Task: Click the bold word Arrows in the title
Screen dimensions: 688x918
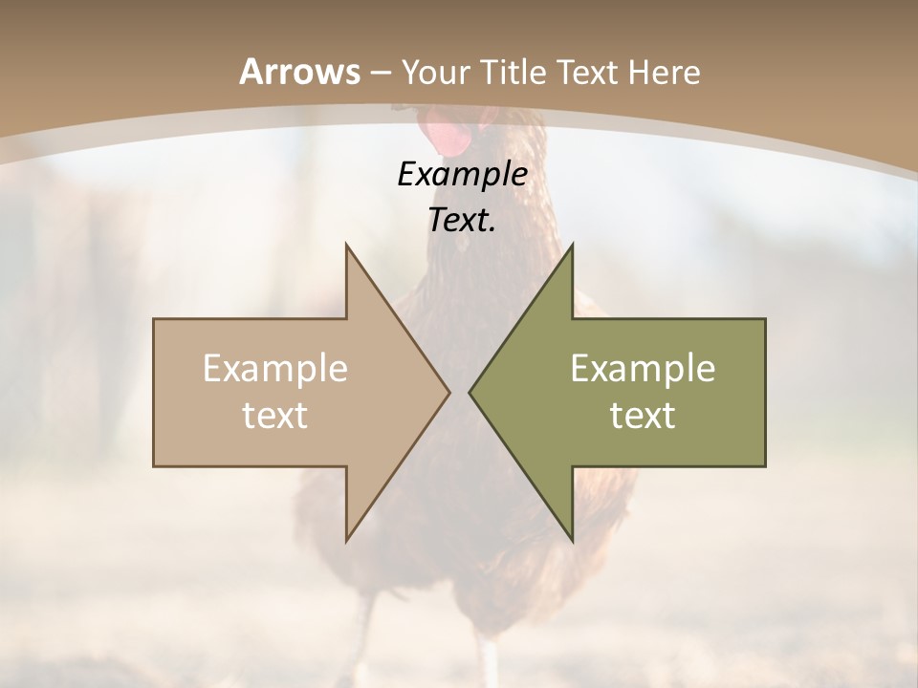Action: [x=299, y=72]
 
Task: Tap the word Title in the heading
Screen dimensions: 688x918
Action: [x=512, y=72]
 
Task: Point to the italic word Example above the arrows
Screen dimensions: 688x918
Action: [x=462, y=175]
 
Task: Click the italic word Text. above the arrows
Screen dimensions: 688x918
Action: [x=462, y=221]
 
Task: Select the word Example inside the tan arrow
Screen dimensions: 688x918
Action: [x=274, y=369]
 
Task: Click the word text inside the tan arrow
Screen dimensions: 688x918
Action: [x=274, y=416]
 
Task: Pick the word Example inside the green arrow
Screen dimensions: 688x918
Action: [x=643, y=369]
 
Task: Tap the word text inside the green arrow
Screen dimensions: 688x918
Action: [x=643, y=416]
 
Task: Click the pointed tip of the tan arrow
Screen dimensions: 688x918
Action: [x=448, y=392]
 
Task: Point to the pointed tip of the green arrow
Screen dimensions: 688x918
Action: [x=470, y=392]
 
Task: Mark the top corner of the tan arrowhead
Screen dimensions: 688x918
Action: [x=346, y=246]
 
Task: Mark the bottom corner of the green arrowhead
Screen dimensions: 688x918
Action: [x=572, y=540]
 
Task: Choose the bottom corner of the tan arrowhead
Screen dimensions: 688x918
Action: [x=346, y=540]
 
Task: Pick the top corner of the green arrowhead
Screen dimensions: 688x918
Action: [x=572, y=246]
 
